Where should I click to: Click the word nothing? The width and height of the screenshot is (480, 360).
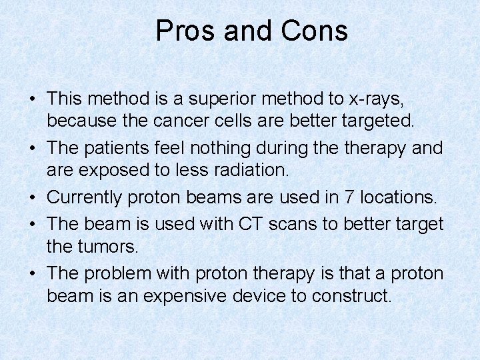253,147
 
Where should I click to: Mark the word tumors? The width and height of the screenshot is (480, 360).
107,246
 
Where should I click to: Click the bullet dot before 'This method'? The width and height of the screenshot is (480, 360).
32,99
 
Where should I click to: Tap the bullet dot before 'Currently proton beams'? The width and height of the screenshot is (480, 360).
32,197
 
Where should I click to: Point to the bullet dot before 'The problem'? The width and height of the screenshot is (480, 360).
32,273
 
